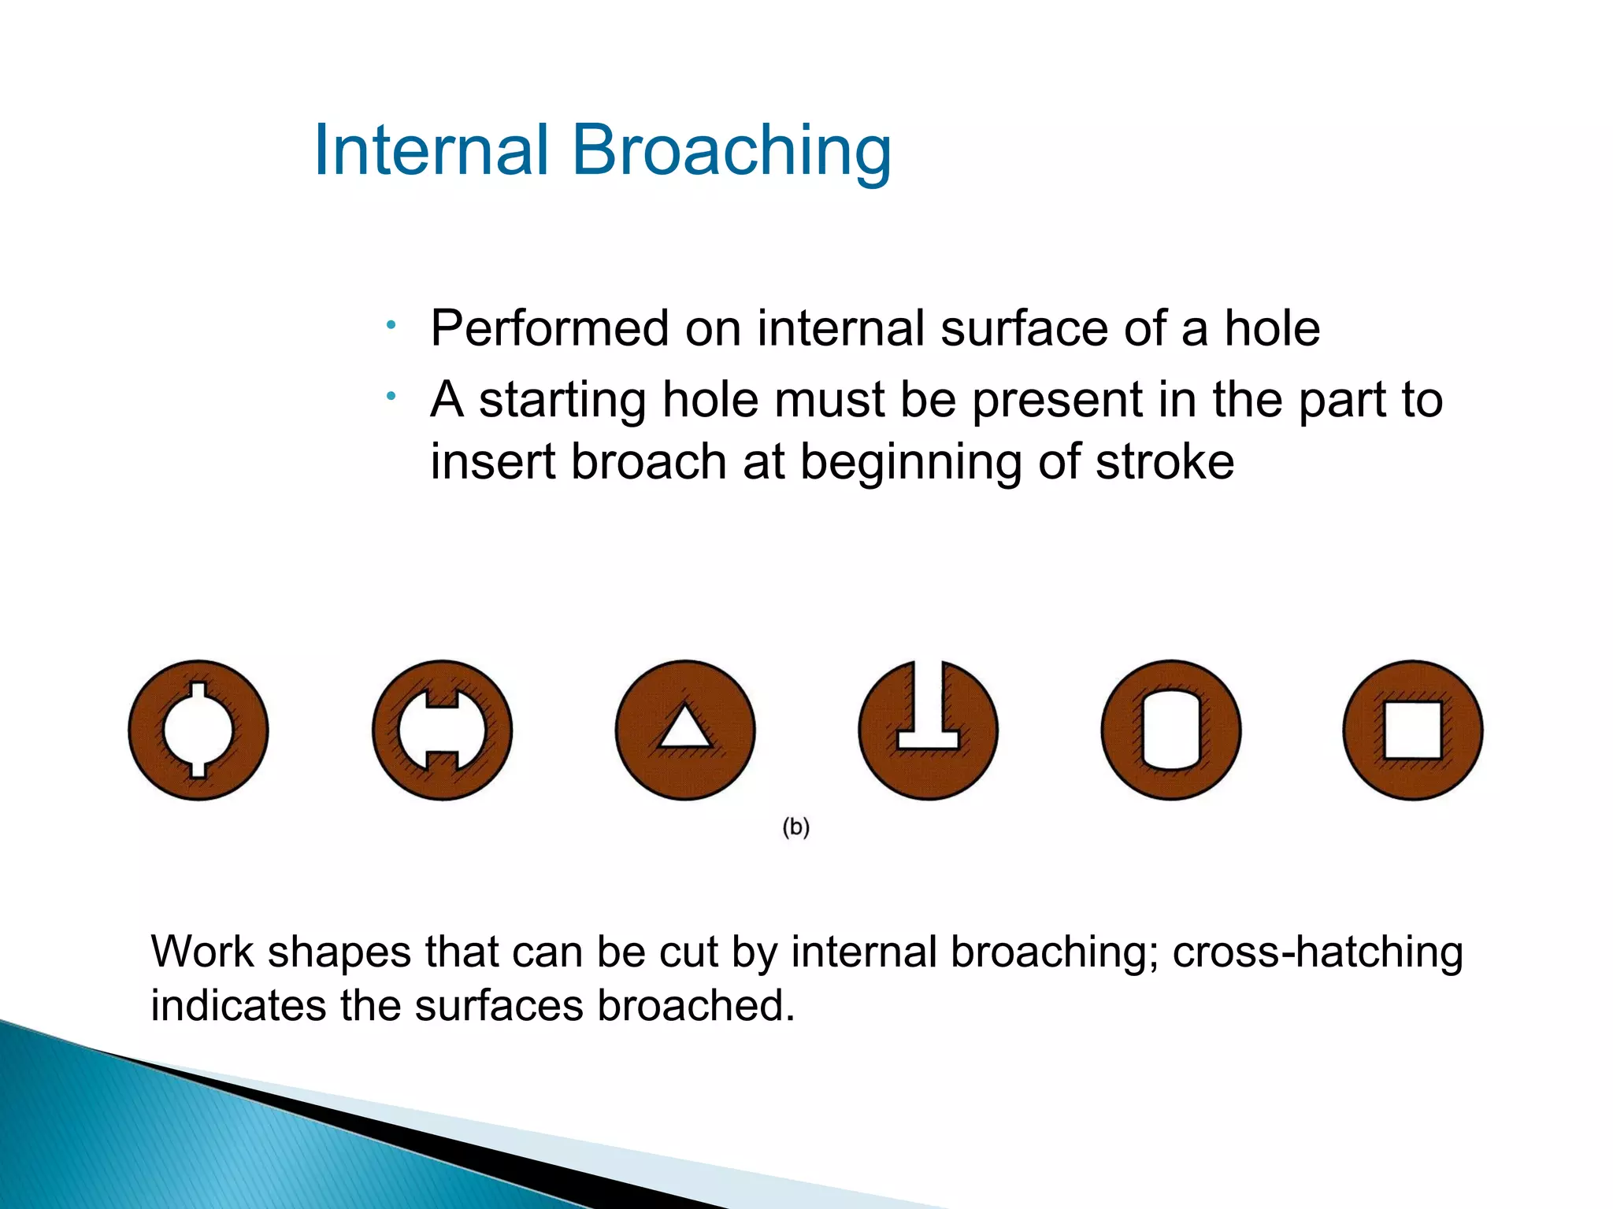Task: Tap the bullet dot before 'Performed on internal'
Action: click(391, 324)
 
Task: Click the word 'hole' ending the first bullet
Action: click(1271, 328)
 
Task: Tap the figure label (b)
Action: click(795, 827)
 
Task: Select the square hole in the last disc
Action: click(1413, 730)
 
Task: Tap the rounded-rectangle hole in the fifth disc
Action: click(1170, 730)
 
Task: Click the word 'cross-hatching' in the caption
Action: click(1317, 952)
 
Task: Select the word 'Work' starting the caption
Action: click(202, 952)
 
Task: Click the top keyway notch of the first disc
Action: click(198, 690)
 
